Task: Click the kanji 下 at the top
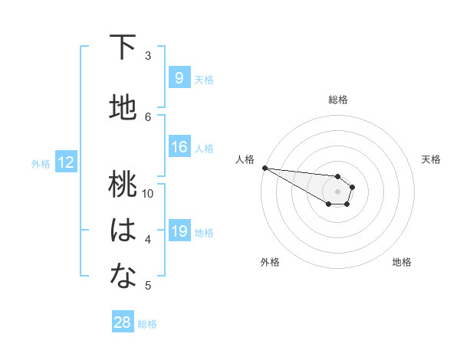pyautogui.click(x=123, y=47)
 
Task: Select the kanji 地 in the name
pyautogui.click(x=123, y=107)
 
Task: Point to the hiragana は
pyautogui.click(x=123, y=231)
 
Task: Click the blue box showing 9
pyautogui.click(x=179, y=78)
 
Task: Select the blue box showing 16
pyautogui.click(x=179, y=147)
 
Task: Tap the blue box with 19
pyautogui.click(x=179, y=231)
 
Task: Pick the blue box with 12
pyautogui.click(x=66, y=162)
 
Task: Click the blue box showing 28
pyautogui.click(x=123, y=323)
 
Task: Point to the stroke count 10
pyautogui.click(x=148, y=193)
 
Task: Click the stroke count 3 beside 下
pyautogui.click(x=148, y=55)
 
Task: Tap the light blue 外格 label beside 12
pyautogui.click(x=41, y=163)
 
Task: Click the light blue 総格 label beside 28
pyautogui.click(x=147, y=324)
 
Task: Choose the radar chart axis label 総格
pyautogui.click(x=337, y=100)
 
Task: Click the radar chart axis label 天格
pyautogui.click(x=432, y=159)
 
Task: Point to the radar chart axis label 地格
pyautogui.click(x=402, y=262)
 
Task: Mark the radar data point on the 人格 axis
pyautogui.click(x=264, y=168)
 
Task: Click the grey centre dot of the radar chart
pyautogui.click(x=337, y=191)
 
